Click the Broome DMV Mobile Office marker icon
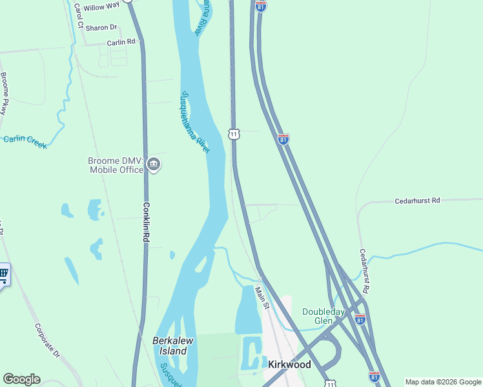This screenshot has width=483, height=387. (154, 164)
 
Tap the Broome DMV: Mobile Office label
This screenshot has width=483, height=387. (116, 165)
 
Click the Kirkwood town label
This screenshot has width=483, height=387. (289, 364)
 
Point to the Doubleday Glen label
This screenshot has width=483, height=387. (322, 317)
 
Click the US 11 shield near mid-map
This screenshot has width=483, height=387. (234, 134)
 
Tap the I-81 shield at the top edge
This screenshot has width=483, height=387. (260, 6)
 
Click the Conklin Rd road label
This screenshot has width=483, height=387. (147, 221)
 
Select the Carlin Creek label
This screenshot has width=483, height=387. (25, 142)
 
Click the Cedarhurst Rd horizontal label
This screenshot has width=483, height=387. (417, 201)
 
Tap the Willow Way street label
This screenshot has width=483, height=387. (102, 7)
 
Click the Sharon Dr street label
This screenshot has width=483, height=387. (101, 28)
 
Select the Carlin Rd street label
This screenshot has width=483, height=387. (121, 42)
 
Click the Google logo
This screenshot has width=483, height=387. (21, 379)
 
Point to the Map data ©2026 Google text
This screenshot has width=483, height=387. (442, 382)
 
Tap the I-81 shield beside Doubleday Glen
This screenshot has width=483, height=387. (360, 319)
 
